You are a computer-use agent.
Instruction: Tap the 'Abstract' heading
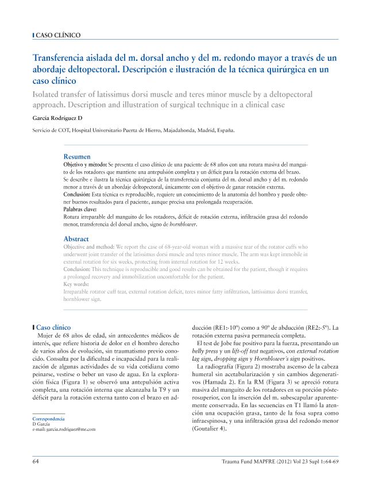click(x=76, y=239)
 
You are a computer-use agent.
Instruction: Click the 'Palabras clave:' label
click(x=80, y=210)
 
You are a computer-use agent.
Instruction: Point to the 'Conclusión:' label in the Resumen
click(x=79, y=195)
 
